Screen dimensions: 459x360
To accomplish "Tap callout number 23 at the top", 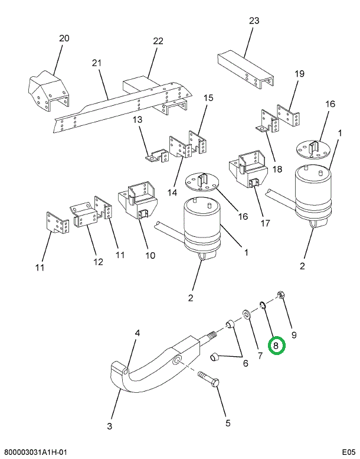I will tap(254, 21).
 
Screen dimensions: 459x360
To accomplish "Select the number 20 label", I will tap(64, 38).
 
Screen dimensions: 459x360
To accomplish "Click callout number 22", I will tap(158, 41).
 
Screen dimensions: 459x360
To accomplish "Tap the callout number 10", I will tap(150, 256).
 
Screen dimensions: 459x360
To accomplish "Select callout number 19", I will tap(299, 74).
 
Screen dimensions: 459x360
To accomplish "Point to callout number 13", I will tap(137, 120).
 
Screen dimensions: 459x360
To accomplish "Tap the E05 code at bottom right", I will tap(349, 452).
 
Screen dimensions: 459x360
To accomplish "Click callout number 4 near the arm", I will tap(137, 334).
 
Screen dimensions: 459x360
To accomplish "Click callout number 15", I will tap(208, 99).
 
